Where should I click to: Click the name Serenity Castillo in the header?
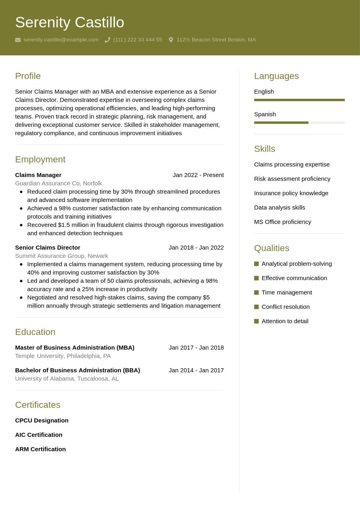coord(69,23)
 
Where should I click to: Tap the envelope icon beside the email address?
coord(18,40)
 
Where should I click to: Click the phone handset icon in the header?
coord(107,40)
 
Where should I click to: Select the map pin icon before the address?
coord(171,40)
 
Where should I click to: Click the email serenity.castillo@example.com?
coord(61,39)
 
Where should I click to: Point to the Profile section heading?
coord(28,76)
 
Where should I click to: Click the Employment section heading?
coord(40,159)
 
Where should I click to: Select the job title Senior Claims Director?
coord(48,247)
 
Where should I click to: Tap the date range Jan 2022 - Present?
coord(198,175)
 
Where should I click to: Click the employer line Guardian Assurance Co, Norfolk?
coord(58,183)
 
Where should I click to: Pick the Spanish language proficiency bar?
coord(299,123)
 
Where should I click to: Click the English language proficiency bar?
coord(299,100)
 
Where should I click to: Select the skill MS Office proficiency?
coord(282,222)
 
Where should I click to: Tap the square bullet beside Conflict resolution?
coord(256,307)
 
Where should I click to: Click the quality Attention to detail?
coord(285,321)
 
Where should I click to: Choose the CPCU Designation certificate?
coord(42,420)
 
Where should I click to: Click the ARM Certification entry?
coord(40,449)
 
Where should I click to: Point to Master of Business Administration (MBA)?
coord(75,347)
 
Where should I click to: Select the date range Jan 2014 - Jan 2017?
coord(196,370)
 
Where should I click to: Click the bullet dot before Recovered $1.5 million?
coord(21,225)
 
